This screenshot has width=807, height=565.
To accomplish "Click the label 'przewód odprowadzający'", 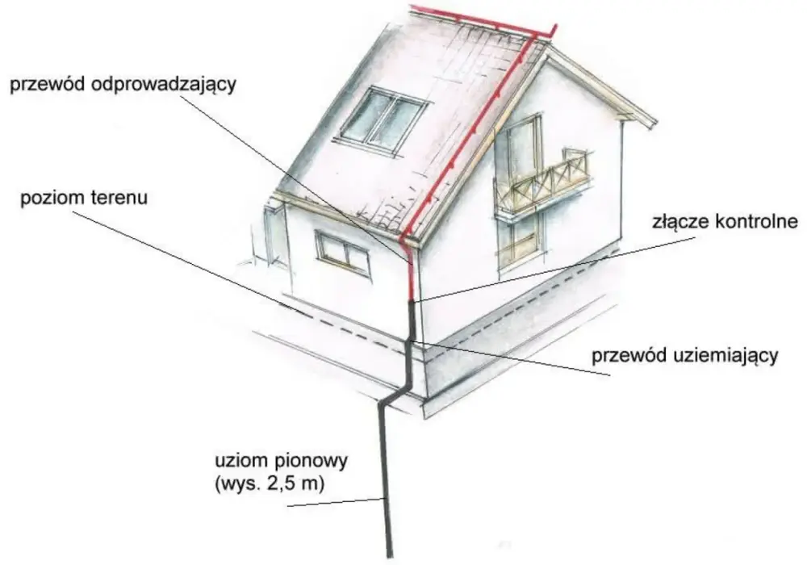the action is [123, 85].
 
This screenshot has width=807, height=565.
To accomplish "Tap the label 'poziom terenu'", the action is [84, 198].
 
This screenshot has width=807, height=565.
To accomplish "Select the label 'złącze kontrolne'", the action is [725, 221].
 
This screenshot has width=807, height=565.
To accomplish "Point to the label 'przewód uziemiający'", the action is [684, 356].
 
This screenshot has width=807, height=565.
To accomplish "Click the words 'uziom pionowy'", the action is [281, 460].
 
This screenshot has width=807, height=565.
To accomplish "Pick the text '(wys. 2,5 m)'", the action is [270, 484].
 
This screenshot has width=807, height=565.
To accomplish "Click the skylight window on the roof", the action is [383, 121].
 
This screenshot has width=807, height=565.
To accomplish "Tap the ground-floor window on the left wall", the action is [343, 253].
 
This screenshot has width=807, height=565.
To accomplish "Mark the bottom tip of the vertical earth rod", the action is [390, 557].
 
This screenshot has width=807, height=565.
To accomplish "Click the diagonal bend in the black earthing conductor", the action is [395, 394].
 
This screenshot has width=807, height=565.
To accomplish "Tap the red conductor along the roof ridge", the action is [483, 22].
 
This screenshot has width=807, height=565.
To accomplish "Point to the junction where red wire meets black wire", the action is [412, 302].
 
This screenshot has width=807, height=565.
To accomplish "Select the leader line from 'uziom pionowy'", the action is [336, 503].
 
